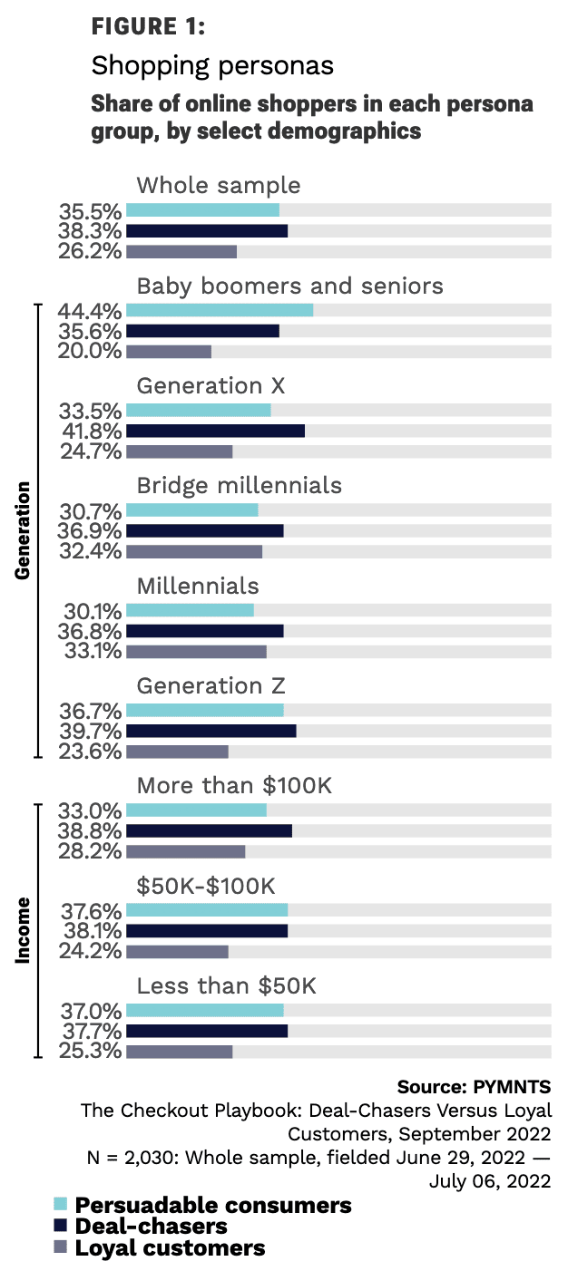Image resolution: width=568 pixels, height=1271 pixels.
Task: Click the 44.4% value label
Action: tap(90, 311)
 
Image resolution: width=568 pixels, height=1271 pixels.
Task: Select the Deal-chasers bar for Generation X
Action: tap(215, 431)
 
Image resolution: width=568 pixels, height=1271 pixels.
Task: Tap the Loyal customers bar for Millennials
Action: tap(196, 651)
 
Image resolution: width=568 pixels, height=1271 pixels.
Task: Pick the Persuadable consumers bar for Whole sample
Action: tap(202, 210)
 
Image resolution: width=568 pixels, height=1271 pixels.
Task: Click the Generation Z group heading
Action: tap(211, 685)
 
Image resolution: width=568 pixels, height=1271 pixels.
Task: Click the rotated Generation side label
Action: tap(24, 530)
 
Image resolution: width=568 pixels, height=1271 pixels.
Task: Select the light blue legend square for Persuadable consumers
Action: tap(61, 1205)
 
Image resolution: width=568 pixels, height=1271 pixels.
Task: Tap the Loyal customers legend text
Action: tap(170, 1247)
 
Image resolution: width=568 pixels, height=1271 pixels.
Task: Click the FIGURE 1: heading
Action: tap(149, 27)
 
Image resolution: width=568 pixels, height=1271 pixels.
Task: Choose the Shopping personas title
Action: tap(212, 66)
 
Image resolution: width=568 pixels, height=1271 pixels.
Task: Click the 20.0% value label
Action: tap(90, 352)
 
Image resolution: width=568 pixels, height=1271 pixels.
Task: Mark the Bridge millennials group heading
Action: tap(239, 485)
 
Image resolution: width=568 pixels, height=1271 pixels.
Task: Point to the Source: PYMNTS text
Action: tap(474, 1086)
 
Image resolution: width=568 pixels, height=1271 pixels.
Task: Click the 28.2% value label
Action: tap(90, 851)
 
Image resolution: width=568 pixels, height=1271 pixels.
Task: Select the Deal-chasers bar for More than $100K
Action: tap(209, 830)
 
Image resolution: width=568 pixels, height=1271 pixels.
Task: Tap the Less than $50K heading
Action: tap(226, 985)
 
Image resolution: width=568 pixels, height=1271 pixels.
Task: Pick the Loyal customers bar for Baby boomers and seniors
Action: tap(169, 352)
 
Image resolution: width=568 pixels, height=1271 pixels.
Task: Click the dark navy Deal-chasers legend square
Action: tap(61, 1227)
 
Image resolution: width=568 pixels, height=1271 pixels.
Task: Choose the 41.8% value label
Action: tap(90, 431)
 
